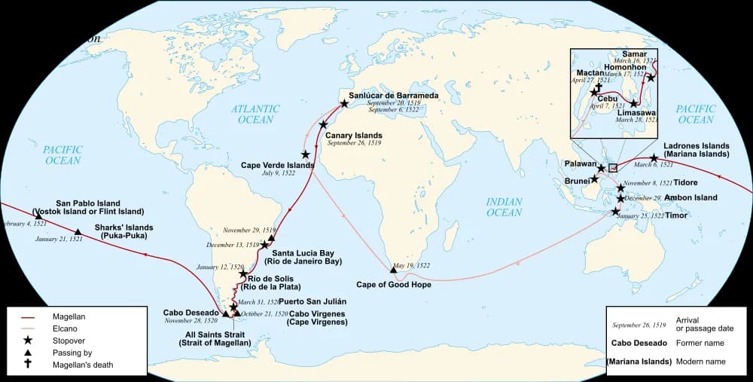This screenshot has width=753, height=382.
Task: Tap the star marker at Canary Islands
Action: [324, 125]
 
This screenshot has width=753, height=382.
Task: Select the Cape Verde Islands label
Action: [277, 164]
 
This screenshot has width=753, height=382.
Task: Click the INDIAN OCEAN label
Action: [504, 206]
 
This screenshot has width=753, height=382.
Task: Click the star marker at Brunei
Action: [594, 179]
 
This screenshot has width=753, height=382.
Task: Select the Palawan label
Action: [581, 163]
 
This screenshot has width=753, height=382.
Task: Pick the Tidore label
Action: [685, 182]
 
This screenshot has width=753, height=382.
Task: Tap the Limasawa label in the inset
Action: [637, 112]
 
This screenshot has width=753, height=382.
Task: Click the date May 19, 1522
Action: [411, 265]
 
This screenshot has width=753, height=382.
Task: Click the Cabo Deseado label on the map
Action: [191, 312]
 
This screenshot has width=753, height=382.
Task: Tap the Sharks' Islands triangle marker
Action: [78, 232]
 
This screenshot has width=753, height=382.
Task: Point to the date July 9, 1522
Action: [279, 173]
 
